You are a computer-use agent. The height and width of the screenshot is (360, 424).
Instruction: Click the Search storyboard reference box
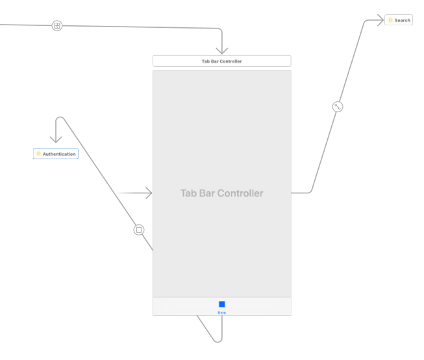click(399, 20)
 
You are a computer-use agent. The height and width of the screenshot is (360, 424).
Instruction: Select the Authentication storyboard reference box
click(56, 154)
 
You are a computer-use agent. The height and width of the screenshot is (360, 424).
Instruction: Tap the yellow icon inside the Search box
click(390, 20)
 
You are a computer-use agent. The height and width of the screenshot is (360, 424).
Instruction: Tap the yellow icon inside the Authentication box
click(38, 154)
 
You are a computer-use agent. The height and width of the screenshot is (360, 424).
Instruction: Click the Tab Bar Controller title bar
click(221, 61)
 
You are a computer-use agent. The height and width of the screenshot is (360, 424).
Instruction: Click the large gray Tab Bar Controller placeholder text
click(221, 193)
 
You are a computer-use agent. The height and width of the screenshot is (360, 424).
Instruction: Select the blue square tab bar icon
click(222, 304)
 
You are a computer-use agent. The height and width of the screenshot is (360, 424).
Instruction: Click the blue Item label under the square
click(222, 313)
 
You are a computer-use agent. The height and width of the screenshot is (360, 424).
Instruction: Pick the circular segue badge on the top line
click(57, 26)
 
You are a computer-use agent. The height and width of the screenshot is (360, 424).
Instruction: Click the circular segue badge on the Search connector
click(337, 106)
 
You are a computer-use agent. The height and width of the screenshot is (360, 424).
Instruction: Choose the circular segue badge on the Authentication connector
click(138, 230)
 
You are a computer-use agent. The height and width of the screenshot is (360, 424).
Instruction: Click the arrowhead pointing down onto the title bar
click(222, 51)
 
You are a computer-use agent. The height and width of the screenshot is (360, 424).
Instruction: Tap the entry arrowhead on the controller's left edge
click(149, 193)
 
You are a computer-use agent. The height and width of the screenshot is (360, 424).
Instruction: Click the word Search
click(403, 20)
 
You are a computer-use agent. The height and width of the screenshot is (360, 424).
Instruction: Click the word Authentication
click(59, 154)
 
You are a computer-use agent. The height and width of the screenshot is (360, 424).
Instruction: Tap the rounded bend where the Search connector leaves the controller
click(310, 191)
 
